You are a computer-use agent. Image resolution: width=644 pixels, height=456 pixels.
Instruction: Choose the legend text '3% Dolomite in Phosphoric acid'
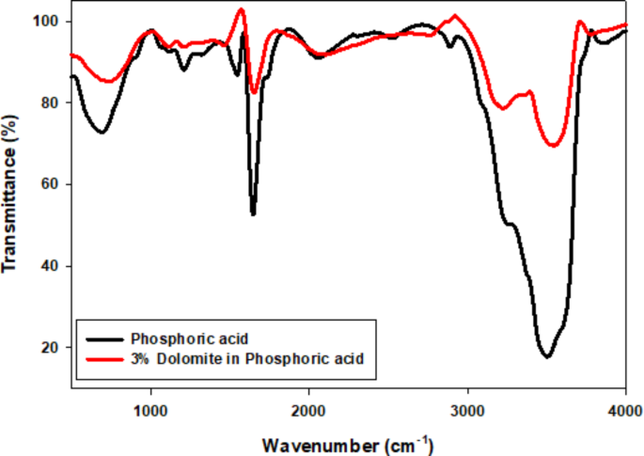click(246, 358)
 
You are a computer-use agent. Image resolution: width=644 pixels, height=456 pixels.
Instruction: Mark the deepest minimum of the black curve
click(545, 356)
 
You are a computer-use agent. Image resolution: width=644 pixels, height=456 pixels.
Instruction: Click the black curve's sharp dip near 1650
click(253, 213)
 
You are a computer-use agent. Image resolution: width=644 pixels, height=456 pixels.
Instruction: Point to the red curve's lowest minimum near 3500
click(554, 146)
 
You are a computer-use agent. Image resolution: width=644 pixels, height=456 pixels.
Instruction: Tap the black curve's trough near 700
click(101, 132)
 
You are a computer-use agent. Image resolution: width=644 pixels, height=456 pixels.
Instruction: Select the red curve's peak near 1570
click(241, 9)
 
